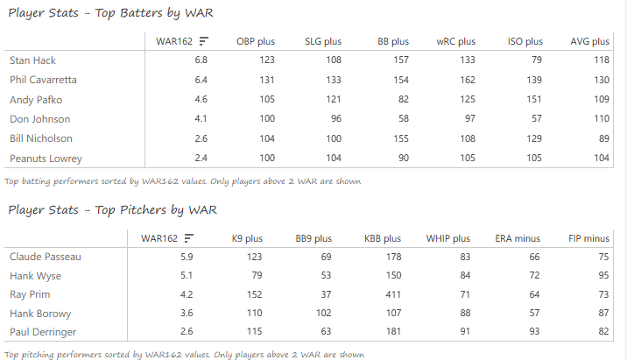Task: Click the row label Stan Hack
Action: point(29,60)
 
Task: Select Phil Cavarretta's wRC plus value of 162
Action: point(466,80)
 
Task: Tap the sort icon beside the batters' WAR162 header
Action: point(203,41)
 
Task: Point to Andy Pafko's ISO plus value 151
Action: point(532,99)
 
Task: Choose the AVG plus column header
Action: point(589,41)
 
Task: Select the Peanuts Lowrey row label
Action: point(46,159)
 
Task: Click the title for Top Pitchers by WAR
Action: point(113,210)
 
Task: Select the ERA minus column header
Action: point(518,238)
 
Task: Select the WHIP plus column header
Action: point(448,238)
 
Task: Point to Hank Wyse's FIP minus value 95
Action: point(602,276)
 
